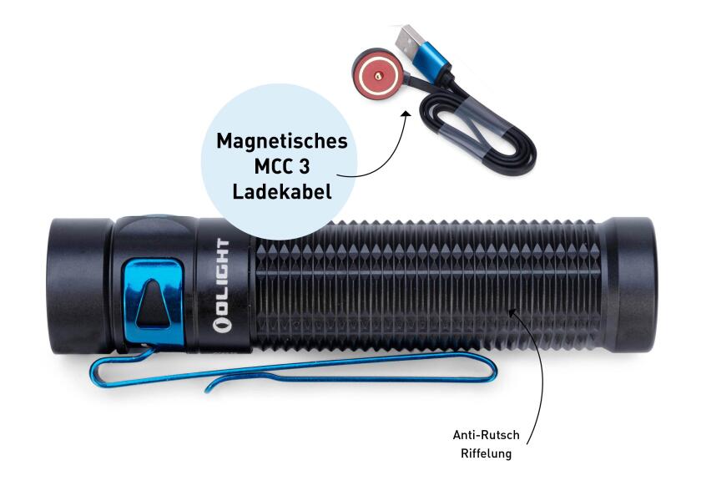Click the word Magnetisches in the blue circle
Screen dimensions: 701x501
(282, 141)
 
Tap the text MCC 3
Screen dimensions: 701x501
(282, 167)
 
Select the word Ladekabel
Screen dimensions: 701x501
(282, 192)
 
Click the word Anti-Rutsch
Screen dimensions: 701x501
(486, 435)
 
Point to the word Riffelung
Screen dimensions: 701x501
(486, 453)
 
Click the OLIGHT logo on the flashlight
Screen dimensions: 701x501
(222, 286)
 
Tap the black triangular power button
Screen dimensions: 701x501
(153, 303)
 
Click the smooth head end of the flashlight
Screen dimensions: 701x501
(79, 285)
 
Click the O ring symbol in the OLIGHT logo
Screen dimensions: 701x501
(222, 324)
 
